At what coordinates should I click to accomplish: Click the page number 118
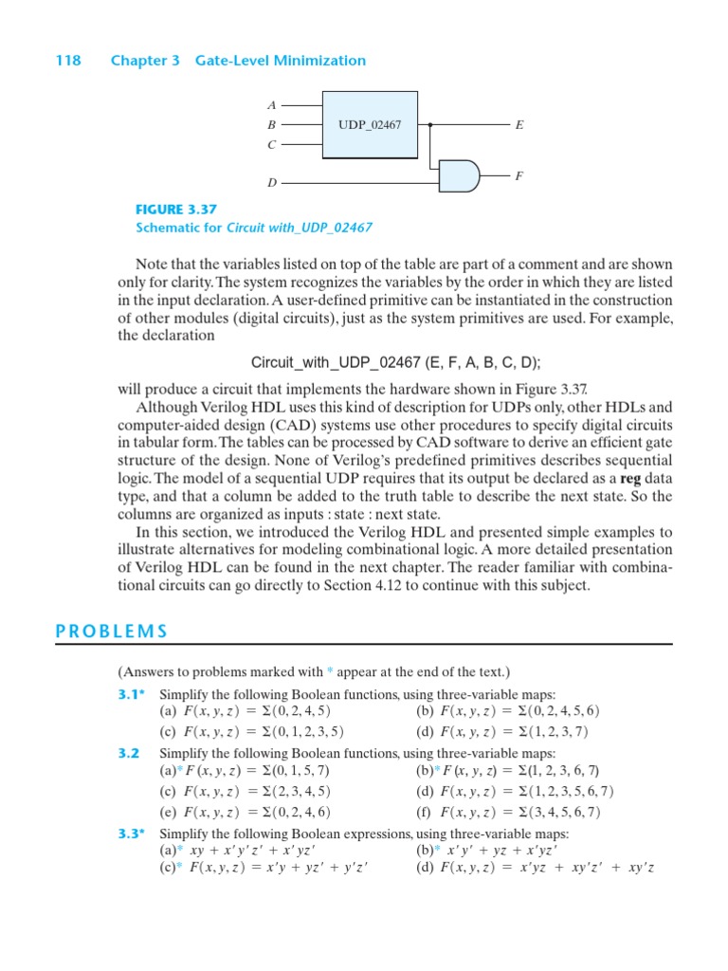(x=68, y=61)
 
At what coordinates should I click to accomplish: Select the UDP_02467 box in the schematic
(x=370, y=124)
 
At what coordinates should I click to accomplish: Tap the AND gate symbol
(x=461, y=174)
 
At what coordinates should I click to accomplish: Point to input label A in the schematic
(x=271, y=105)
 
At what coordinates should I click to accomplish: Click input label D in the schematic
(x=271, y=182)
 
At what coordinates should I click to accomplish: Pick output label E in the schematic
(x=519, y=124)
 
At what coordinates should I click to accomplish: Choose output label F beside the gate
(x=519, y=175)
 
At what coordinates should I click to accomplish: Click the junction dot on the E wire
(x=431, y=124)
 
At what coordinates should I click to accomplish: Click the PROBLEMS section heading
(x=112, y=632)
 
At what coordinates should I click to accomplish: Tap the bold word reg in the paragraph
(x=630, y=479)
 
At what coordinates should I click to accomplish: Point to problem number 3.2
(x=129, y=752)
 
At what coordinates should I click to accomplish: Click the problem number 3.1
(x=132, y=693)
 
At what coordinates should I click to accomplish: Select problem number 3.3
(x=132, y=834)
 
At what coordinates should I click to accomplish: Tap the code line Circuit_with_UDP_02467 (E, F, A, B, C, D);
(x=395, y=363)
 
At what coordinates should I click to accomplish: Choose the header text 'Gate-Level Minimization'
(x=281, y=61)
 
